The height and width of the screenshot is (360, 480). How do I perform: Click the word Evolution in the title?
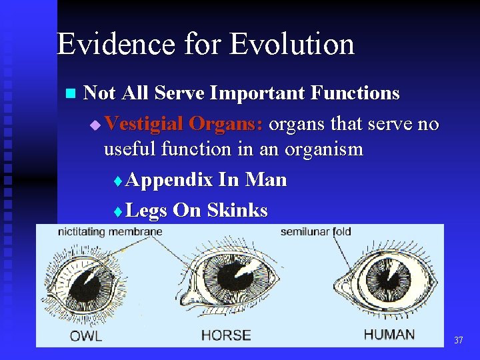coord(292,44)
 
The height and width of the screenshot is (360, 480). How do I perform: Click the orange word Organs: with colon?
coord(226,124)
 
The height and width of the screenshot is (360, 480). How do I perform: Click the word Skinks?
coord(237,211)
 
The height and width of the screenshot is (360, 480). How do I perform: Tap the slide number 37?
coord(458,341)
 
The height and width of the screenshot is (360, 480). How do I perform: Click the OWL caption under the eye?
coord(86,335)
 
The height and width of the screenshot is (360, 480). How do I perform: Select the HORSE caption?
coord(226,335)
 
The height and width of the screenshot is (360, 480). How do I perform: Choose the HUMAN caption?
coord(389,334)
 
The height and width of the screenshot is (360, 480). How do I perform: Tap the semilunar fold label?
coord(315,232)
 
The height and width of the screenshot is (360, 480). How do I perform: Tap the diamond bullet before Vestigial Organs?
coord(95,125)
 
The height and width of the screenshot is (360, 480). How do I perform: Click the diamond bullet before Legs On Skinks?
coord(117,212)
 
